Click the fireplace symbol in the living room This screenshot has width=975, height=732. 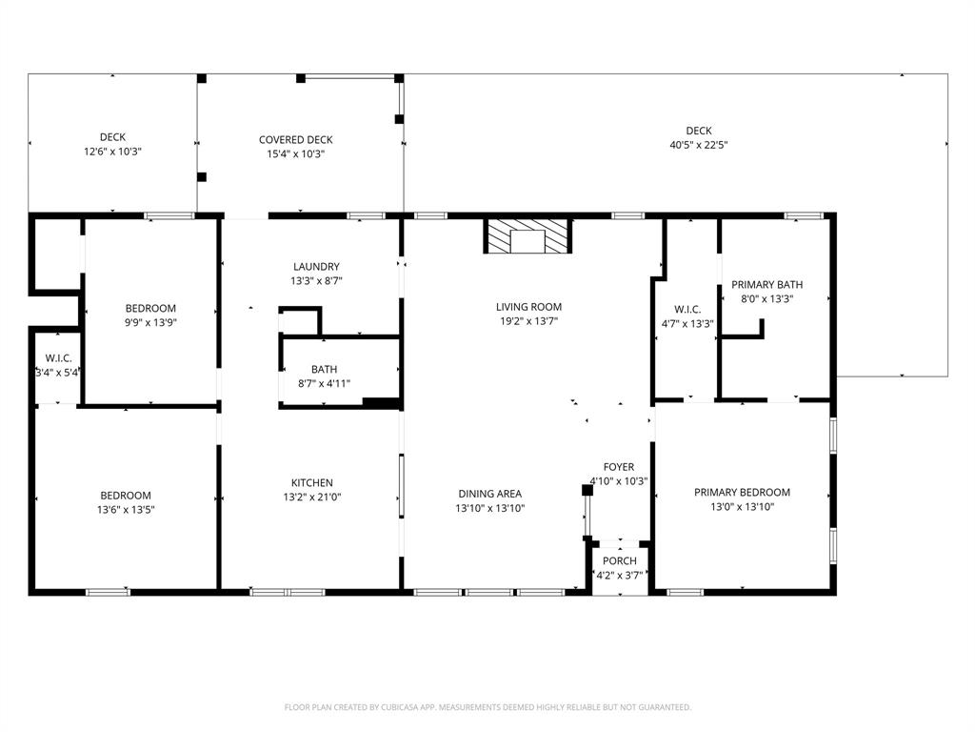pyautogui.click(x=528, y=236)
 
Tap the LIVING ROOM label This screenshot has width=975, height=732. pyautogui.click(x=528, y=307)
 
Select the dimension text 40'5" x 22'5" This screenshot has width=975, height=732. pyautogui.click(x=698, y=146)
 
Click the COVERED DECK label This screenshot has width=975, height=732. pyautogui.click(x=295, y=140)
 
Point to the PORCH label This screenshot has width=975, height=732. pyautogui.click(x=619, y=561)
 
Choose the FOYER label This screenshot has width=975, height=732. pyautogui.click(x=619, y=467)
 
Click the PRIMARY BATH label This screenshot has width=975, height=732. pyautogui.click(x=766, y=284)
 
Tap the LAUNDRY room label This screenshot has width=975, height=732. pyautogui.click(x=316, y=267)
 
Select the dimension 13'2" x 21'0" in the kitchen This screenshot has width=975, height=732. pyautogui.click(x=312, y=498)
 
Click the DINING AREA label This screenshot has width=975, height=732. pyautogui.click(x=489, y=494)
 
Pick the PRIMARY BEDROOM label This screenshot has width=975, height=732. pyautogui.click(x=742, y=493)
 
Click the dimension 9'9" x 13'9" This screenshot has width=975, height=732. pyautogui.click(x=150, y=323)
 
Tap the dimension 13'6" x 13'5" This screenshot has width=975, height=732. pyautogui.click(x=126, y=510)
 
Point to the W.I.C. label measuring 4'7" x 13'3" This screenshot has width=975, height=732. pyautogui.click(x=687, y=309)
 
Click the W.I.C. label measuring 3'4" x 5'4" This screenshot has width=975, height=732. pyautogui.click(x=57, y=358)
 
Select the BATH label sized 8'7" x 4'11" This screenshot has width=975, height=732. pyautogui.click(x=324, y=370)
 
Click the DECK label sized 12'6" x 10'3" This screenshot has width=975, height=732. pyautogui.click(x=112, y=137)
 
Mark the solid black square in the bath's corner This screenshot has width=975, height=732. pyautogui.click(x=381, y=403)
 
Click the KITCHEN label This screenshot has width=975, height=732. pyautogui.click(x=312, y=483)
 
